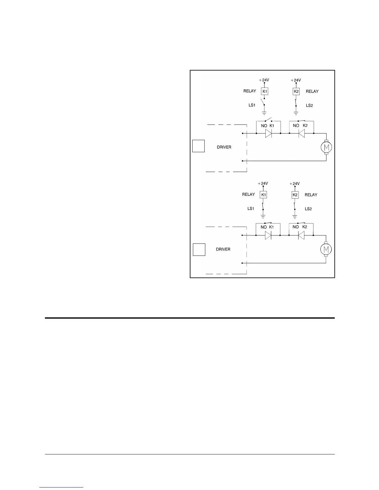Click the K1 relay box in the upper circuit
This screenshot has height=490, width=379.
tap(265, 91)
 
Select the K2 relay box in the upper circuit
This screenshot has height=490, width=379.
tap(296, 91)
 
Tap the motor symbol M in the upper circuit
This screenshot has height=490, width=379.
tap(326, 147)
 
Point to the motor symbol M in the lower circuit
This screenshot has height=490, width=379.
tap(325, 249)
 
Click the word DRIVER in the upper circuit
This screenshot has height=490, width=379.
tap(224, 147)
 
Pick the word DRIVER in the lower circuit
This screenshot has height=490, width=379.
tap(223, 249)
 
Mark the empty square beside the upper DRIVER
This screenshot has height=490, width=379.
tap(198, 146)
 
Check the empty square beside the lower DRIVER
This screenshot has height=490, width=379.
tap(199, 250)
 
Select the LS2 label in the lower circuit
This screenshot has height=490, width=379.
tap(308, 209)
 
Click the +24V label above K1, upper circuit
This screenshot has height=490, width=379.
tap(264, 80)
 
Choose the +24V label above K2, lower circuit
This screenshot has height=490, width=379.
tap(294, 184)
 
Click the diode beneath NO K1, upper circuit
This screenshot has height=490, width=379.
tap(268, 134)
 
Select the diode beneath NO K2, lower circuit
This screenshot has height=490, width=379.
tap(301, 235)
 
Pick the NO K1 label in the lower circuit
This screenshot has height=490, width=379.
tap(267, 227)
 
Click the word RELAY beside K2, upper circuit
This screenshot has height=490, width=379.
tap(312, 91)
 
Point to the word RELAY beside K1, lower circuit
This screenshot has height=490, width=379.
tap(248, 195)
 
